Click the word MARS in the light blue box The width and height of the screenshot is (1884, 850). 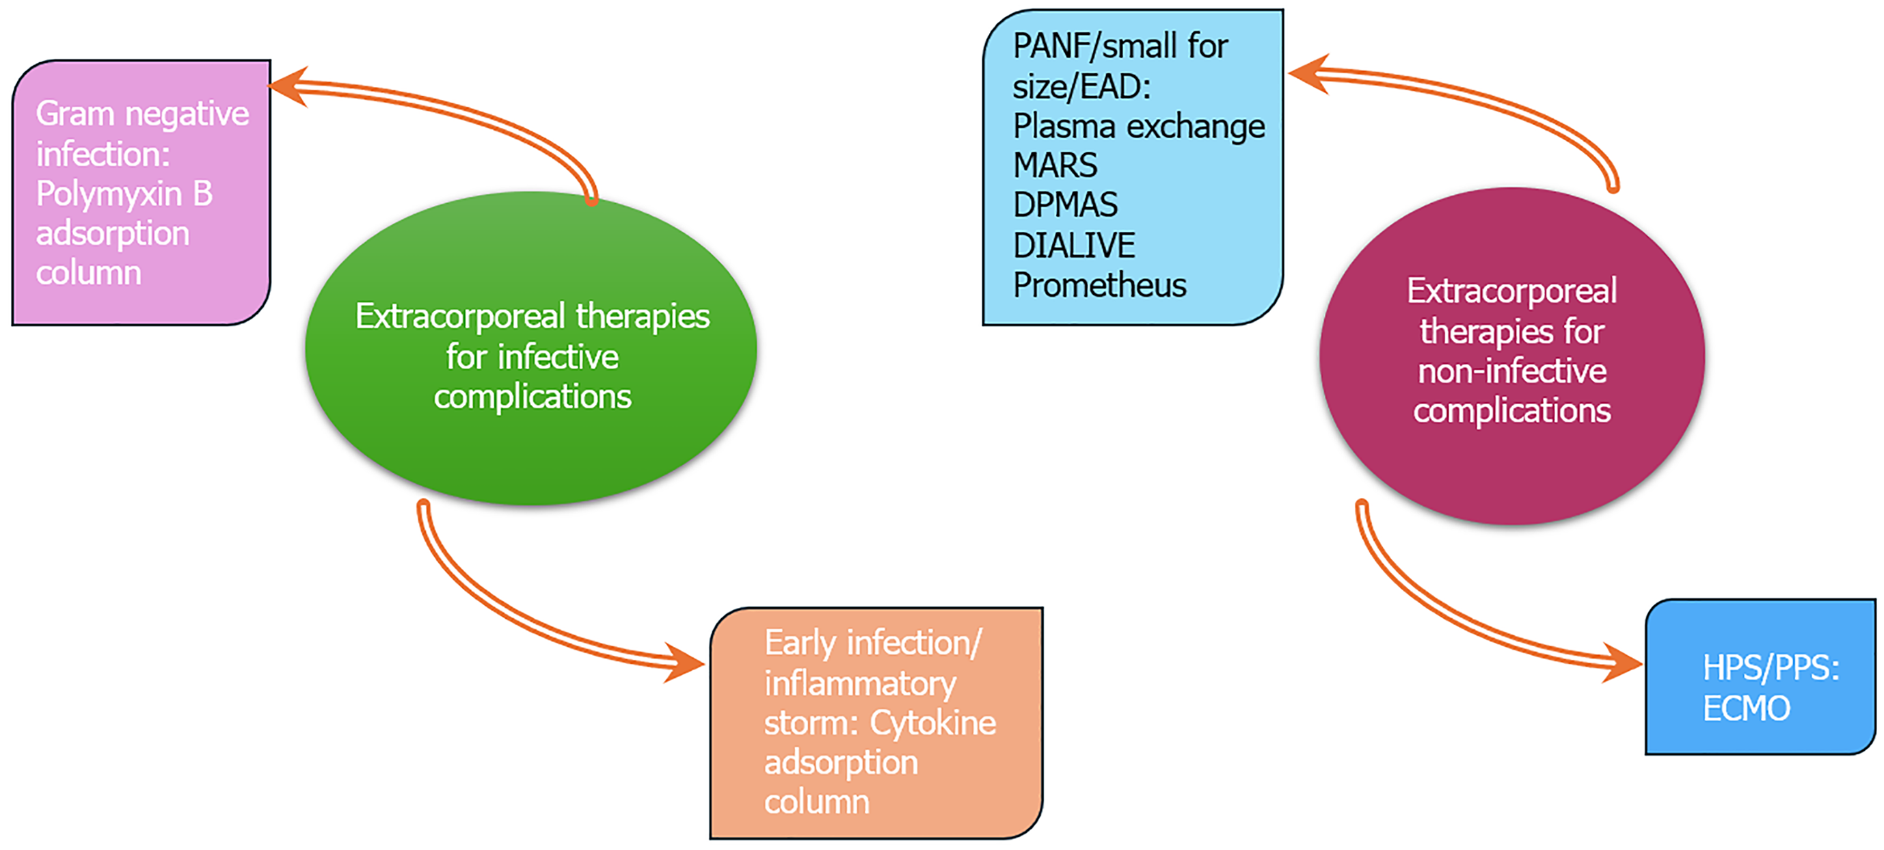(1055, 165)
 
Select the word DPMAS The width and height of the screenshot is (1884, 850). (1065, 205)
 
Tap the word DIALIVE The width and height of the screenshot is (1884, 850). (1074, 245)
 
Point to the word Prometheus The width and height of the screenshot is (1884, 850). (1099, 284)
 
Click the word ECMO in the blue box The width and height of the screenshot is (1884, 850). (1747, 708)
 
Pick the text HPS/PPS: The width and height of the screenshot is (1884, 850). (1771, 668)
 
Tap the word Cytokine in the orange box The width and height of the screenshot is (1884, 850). (932, 723)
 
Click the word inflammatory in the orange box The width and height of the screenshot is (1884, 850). (860, 685)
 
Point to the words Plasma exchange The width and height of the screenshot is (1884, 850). (1139, 127)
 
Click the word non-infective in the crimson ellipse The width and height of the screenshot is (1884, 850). (1511, 371)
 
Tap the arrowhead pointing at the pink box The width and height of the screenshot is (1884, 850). (289, 86)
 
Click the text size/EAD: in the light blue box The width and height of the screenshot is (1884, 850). (1081, 87)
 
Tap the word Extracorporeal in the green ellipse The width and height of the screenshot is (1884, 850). (460, 317)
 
